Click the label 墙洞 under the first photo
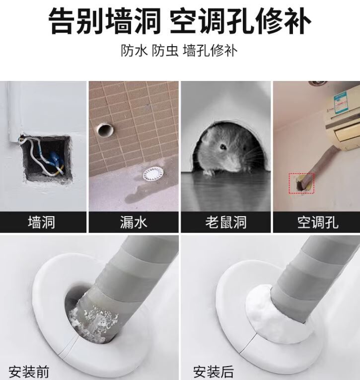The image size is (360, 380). pos(41,222)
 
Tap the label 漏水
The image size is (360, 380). pos(134,222)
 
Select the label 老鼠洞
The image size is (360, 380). pos(226,222)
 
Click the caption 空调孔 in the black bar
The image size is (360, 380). pos(318,222)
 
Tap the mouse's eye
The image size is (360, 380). pos(222,147)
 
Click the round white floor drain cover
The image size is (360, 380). pos(153,174)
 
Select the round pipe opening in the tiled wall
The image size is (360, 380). pos(105,130)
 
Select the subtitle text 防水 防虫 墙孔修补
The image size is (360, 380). pos(179,51)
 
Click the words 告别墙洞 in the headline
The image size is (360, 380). pos(105,21)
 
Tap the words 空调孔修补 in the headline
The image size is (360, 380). pos(240,21)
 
